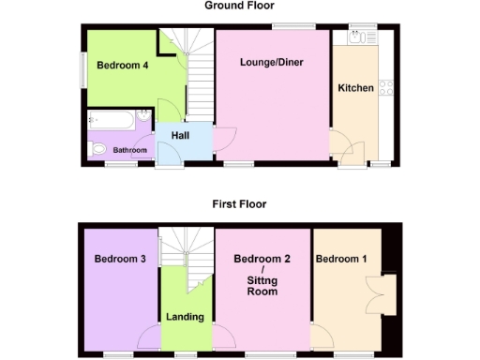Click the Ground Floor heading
(x=239, y=6)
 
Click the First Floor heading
(x=239, y=203)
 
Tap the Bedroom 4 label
(x=116, y=67)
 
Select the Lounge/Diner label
(x=272, y=63)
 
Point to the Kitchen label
(x=356, y=88)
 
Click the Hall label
(x=180, y=137)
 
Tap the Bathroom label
(x=130, y=150)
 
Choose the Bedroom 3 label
(x=120, y=258)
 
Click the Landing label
(x=185, y=316)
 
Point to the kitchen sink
(x=357, y=37)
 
